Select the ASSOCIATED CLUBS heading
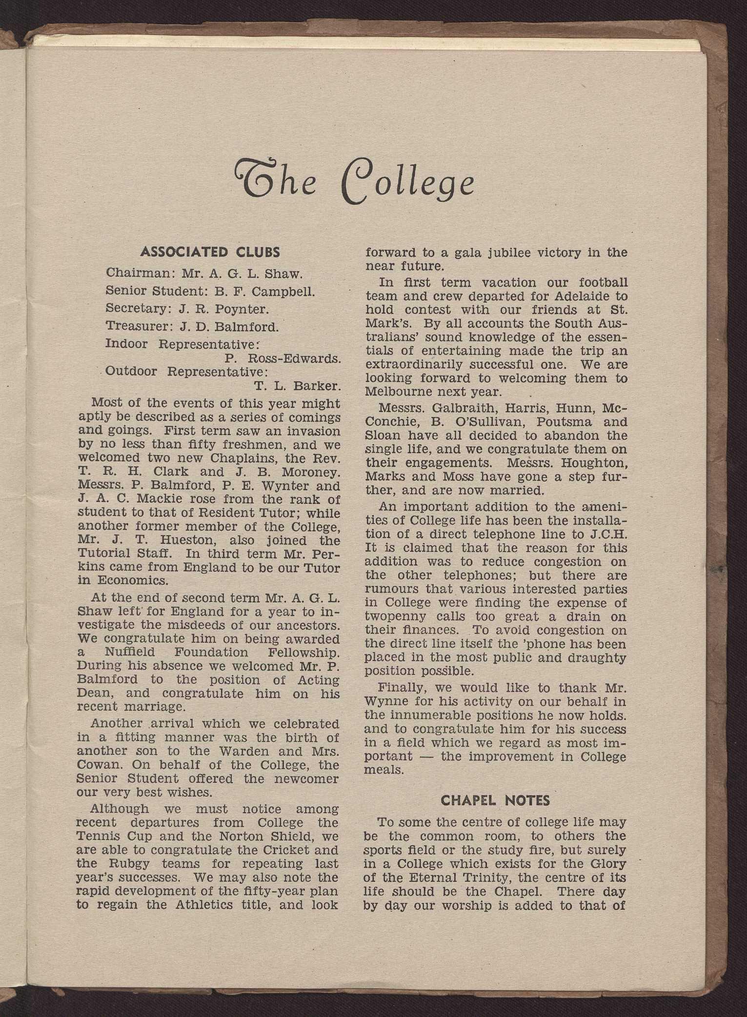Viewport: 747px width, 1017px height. (x=210, y=252)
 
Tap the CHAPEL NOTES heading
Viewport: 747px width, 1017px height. (x=495, y=800)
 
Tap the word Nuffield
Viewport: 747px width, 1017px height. (x=130, y=652)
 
